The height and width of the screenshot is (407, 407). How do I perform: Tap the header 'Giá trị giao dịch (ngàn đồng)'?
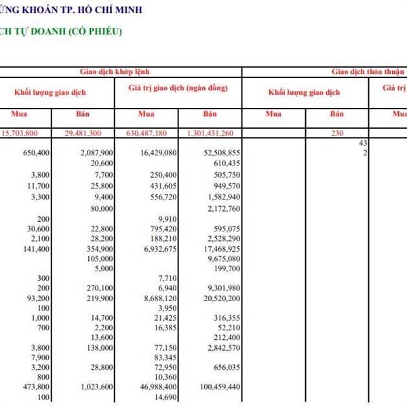pos(178,89)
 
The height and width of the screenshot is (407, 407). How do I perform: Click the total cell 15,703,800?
pos(30,134)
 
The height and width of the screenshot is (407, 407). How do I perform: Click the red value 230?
pos(337,134)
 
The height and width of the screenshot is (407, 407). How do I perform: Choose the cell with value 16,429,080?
pos(159,154)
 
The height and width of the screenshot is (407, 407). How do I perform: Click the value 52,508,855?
pos(217,154)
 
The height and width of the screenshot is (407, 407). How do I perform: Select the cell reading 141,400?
pos(36,250)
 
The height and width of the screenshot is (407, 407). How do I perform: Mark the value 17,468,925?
pos(217,250)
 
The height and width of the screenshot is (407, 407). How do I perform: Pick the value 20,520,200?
pos(217,298)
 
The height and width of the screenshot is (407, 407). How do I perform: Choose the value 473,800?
pos(36,387)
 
